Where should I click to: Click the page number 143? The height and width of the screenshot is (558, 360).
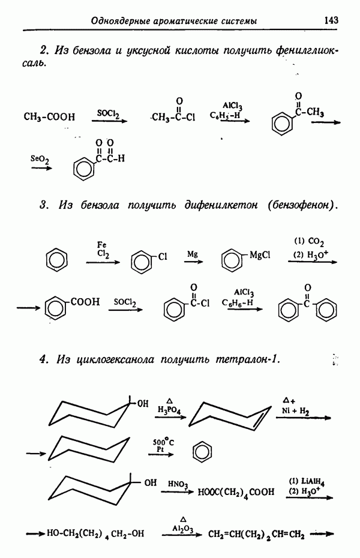pos(331,20)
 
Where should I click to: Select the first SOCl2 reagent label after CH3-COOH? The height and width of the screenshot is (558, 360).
pos(109,112)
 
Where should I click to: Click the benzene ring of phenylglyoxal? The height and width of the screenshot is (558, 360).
pos(83,169)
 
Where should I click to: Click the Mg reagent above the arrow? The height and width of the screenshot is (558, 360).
pos(192,254)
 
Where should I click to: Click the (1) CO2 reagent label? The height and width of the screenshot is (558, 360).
pos(308,242)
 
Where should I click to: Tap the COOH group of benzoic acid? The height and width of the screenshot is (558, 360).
pos(86,302)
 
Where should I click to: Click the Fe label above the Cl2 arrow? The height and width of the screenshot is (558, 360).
pos(102,244)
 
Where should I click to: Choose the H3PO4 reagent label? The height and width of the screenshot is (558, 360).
pos(170,409)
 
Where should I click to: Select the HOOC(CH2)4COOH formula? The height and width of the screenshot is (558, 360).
pos(236,493)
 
